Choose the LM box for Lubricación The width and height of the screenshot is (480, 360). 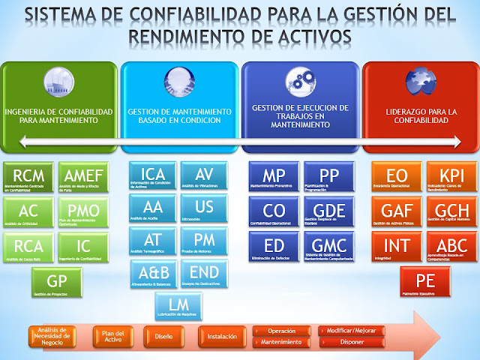[178, 305]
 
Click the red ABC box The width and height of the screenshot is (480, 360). [451, 247]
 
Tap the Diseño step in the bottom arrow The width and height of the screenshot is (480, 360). [163, 337]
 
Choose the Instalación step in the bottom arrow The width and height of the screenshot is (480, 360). [221, 337]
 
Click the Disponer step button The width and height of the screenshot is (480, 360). [351, 343]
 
